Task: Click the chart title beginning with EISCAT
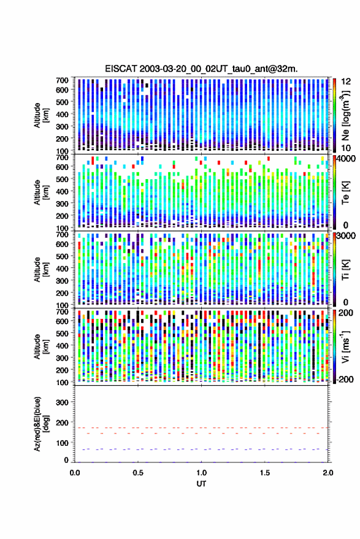[201, 69]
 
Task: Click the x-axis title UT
[201, 484]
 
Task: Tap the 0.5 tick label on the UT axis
[138, 473]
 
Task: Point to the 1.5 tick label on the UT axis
[264, 473]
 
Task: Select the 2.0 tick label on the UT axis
[327, 473]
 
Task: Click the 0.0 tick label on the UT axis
[75, 473]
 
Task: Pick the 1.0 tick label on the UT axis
[201, 473]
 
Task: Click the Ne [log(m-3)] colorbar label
[345, 115]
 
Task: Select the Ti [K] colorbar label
[345, 270]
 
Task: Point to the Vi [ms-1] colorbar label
[345, 346]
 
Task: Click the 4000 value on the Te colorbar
[346, 159]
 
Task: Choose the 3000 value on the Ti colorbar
[346, 236]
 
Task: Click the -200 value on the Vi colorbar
[345, 379]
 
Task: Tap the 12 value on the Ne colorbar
[346, 82]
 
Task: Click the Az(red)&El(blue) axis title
[41, 424]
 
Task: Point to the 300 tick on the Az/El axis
[62, 402]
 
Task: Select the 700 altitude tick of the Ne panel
[62, 80]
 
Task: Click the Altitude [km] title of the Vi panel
[41, 346]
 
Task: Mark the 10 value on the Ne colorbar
[346, 148]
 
